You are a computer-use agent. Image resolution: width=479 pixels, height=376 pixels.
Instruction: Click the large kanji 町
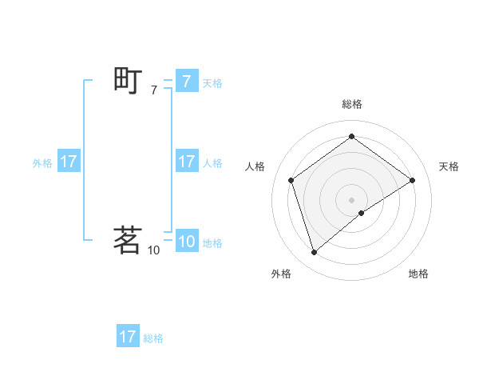coord(128,80)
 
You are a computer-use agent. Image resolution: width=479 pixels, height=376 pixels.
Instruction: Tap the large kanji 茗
coord(128,240)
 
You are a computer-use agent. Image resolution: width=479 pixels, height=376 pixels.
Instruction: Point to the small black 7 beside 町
coord(153,90)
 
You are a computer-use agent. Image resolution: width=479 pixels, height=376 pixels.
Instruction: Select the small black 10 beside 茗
coord(153,250)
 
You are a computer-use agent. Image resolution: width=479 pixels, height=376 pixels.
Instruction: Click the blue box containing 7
coord(186,81)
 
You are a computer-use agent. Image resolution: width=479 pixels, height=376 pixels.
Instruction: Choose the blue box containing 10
coord(186,242)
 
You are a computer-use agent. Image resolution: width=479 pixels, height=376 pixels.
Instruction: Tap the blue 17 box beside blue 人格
coord(186,161)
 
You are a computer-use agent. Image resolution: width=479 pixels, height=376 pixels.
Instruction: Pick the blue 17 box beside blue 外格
coord(68,161)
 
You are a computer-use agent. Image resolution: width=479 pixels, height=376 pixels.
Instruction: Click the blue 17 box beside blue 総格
coord(128,337)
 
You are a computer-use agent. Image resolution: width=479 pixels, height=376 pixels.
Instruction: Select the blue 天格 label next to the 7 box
coord(212,82)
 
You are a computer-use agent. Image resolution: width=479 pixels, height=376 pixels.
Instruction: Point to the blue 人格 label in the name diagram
coord(212,162)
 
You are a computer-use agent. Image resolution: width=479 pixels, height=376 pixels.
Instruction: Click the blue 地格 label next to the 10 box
coord(212,243)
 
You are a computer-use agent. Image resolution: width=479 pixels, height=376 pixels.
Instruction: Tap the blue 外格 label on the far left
coord(42,162)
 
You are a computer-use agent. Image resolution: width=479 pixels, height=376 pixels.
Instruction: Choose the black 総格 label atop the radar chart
coord(351,104)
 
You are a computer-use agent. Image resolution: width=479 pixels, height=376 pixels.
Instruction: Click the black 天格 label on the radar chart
coord(449,166)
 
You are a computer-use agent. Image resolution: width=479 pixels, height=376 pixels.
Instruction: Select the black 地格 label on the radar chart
coord(418,274)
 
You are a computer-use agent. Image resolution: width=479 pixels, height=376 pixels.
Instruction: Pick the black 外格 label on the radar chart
coord(281,274)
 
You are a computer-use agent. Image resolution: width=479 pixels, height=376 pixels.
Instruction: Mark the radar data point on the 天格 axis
coord(412,180)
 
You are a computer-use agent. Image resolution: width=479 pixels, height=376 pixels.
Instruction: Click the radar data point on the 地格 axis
coord(362,213)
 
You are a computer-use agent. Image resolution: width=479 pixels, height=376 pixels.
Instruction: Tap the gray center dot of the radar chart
coord(351,199)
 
